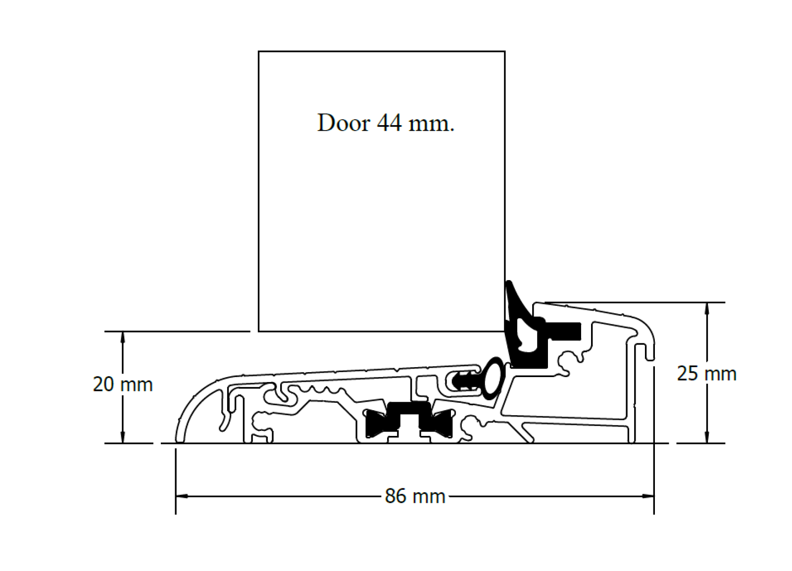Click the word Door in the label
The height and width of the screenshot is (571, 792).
(x=343, y=123)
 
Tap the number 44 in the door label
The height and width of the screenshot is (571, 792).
(x=389, y=123)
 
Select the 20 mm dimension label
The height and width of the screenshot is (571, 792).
(x=123, y=384)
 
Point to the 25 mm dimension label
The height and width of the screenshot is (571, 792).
(x=706, y=374)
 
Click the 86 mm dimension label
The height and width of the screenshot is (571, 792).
(x=415, y=496)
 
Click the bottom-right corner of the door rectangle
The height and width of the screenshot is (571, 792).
(x=504, y=331)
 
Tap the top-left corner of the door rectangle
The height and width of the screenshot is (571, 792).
(x=259, y=51)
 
